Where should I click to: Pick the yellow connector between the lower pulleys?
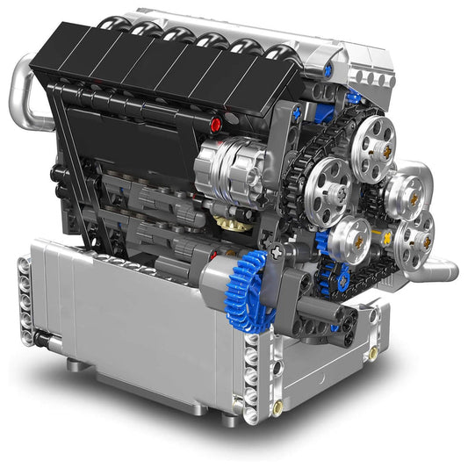pyautogui.click(x=384, y=235)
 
